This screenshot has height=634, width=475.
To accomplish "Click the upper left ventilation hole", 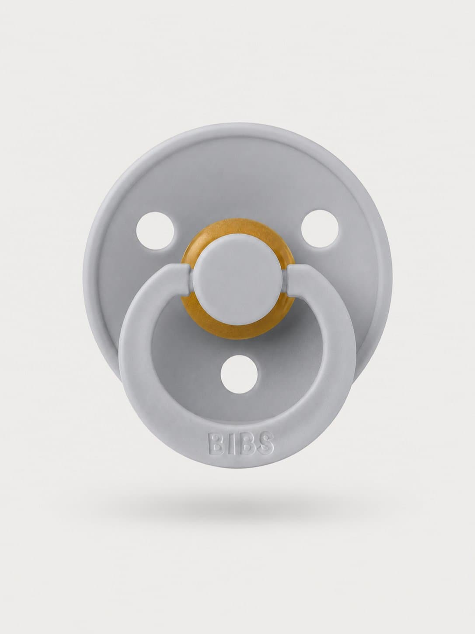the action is pos(155,230).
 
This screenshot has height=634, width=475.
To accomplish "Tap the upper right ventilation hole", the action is pos(320,230).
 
